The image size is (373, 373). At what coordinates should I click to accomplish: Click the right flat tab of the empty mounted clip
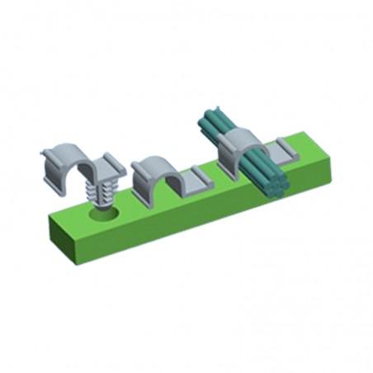coord(198,178)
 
